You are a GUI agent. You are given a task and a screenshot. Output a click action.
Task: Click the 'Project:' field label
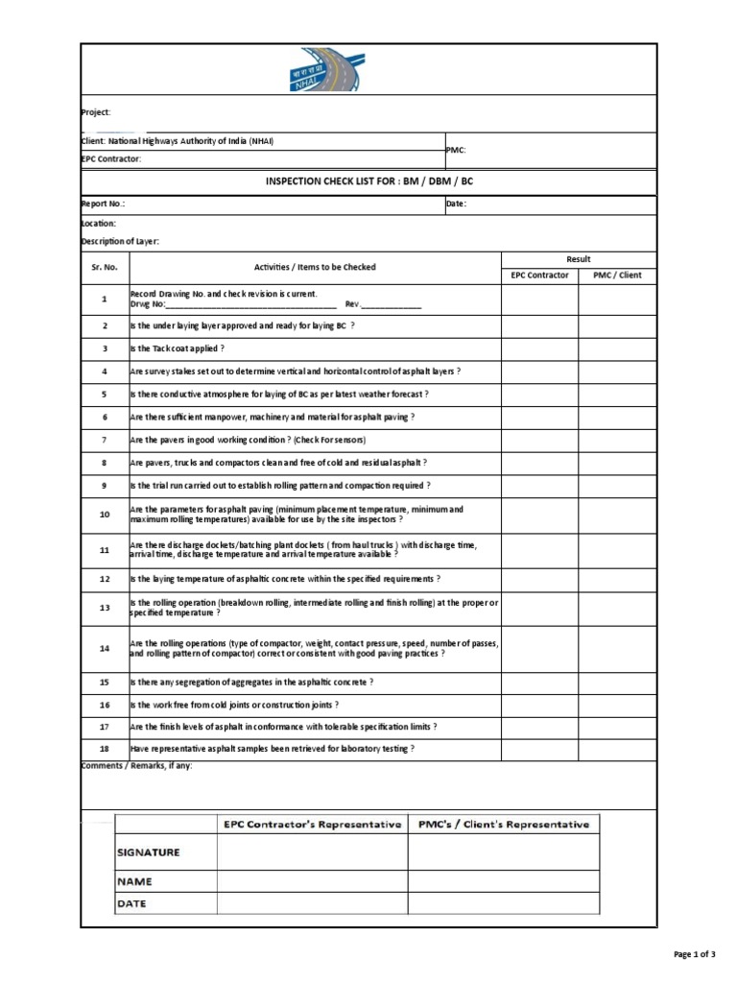pos(97,112)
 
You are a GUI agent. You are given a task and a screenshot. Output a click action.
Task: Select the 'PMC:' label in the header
pos(455,150)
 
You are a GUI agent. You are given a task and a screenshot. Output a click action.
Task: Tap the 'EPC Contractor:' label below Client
pos(111,158)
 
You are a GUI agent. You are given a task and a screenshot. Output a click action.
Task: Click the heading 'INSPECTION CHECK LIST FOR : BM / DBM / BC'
pos(368,181)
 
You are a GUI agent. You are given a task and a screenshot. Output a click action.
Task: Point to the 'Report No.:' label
pos(103,204)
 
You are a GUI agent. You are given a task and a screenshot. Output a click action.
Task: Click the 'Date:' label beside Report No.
pos(456,204)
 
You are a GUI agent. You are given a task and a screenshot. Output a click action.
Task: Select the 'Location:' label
pos(99,223)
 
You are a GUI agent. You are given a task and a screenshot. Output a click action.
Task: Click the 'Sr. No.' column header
pos(105,267)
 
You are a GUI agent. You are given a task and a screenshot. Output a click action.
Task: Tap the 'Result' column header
pos(578,259)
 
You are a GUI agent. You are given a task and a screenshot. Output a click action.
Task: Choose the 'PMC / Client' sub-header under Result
pos(617,276)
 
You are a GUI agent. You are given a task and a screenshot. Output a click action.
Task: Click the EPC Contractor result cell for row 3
pos(538,348)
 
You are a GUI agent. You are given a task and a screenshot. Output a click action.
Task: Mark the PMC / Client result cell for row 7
pos(617,440)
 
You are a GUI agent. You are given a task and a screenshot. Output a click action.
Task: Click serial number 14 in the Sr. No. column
pos(105,648)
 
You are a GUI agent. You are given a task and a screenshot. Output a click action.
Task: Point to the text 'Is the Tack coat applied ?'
pos(178,348)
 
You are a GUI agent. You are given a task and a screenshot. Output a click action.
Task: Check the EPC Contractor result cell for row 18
pos(538,749)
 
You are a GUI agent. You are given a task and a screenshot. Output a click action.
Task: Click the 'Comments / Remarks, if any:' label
pos(137,766)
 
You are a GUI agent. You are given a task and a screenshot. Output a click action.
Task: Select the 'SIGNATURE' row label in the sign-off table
pos(148,852)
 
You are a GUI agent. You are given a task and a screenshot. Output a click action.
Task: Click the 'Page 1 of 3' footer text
pos(695,954)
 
